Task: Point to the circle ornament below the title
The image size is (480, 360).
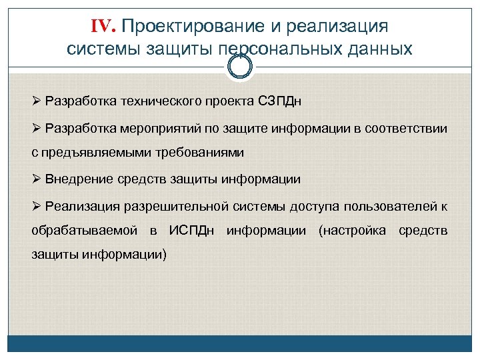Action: (239, 66)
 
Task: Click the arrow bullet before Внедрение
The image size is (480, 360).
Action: (37, 179)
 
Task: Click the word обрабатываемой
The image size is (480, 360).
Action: (85, 231)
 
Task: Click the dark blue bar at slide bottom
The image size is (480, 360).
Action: (240, 343)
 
